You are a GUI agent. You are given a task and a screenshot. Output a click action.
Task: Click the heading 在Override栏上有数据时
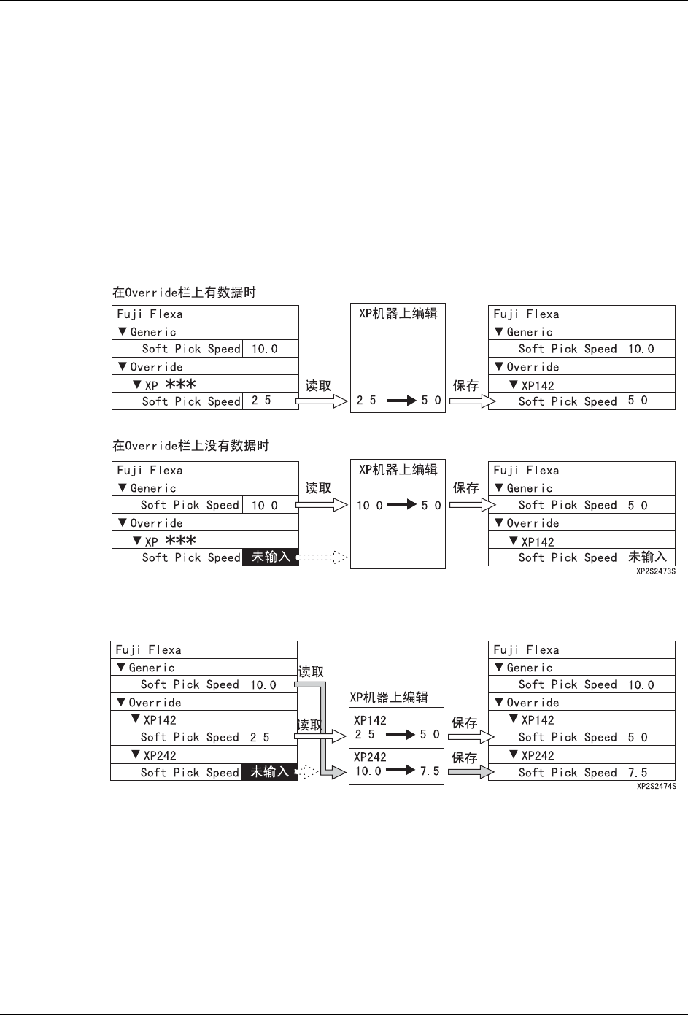184,293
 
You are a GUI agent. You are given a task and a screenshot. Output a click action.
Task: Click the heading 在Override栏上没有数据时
190,446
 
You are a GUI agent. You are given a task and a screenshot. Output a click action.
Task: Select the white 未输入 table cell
647,557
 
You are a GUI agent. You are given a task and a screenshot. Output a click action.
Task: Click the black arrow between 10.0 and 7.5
401,771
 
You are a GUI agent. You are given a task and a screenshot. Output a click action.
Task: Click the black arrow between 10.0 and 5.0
401,505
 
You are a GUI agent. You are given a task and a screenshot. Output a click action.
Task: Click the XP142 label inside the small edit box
370,720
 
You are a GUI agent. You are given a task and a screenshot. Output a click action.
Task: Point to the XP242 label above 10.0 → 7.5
370,757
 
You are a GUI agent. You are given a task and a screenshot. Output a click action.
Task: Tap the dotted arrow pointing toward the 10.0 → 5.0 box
323,557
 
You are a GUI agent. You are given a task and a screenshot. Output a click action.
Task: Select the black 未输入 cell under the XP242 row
269,772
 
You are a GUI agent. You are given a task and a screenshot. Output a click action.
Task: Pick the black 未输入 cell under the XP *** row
271,557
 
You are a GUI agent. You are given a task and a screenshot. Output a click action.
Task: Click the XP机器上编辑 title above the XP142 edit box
389,697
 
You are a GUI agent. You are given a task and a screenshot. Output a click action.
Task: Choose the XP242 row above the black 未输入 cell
160,755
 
